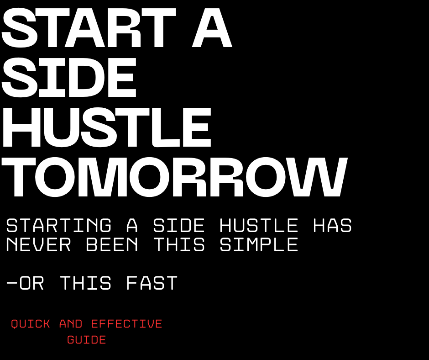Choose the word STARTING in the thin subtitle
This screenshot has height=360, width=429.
click(x=59, y=226)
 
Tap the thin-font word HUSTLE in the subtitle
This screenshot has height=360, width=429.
click(x=259, y=226)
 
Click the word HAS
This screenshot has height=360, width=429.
click(x=332, y=226)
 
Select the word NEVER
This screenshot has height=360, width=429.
click(x=39, y=245)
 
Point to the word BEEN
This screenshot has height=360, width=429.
click(x=112, y=245)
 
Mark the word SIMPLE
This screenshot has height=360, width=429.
click(x=259, y=245)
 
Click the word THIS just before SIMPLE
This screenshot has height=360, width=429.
click(x=179, y=245)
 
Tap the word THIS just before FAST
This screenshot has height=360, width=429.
click(x=86, y=283)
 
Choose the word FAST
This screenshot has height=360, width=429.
click(x=152, y=283)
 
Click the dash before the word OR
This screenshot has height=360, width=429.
click(x=12, y=283)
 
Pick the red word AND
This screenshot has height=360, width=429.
click(x=71, y=324)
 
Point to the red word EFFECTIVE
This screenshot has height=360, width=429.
click(x=127, y=324)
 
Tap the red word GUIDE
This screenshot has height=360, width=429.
click(x=87, y=340)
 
